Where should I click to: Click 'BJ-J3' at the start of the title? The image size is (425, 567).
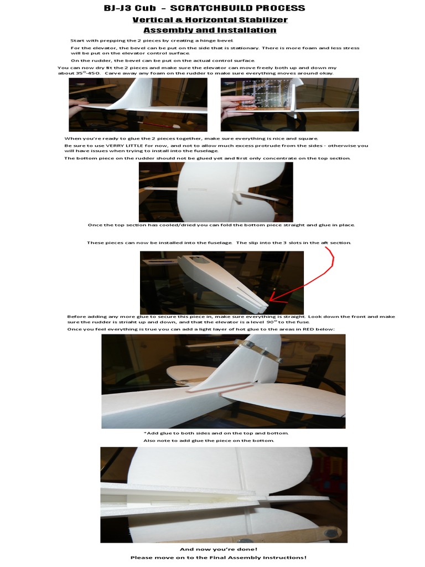click(x=118, y=8)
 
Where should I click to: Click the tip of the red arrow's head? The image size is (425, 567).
click(x=268, y=302)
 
